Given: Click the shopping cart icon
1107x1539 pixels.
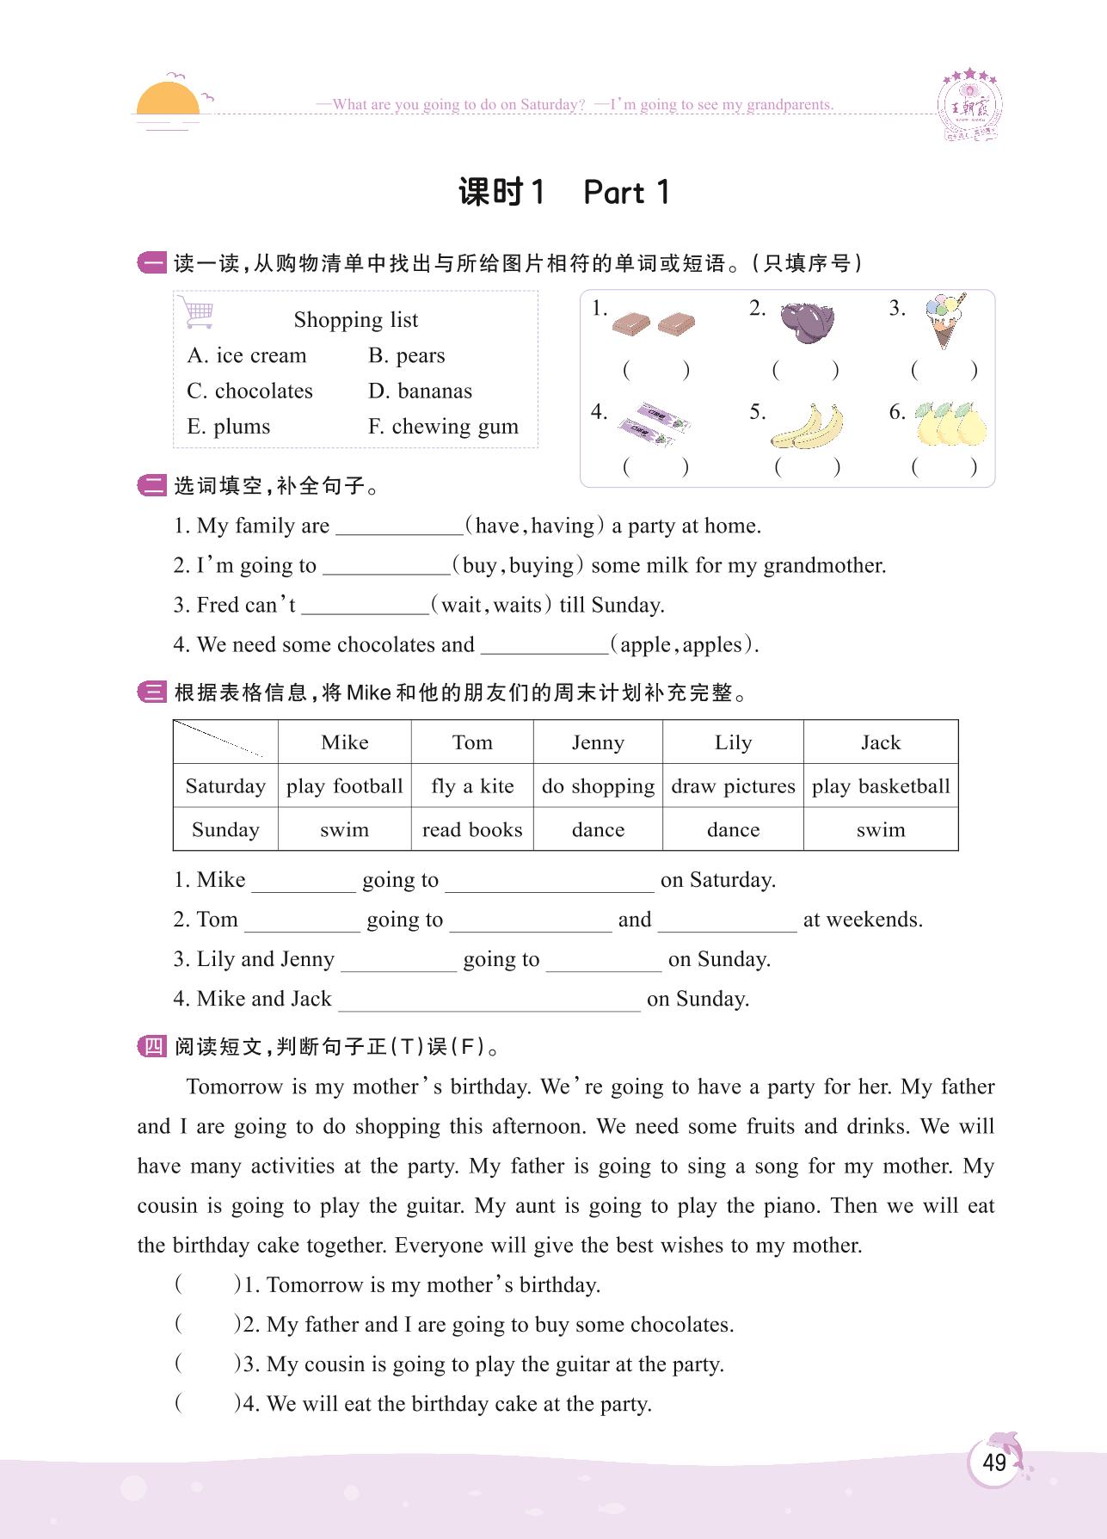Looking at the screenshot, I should (197, 312).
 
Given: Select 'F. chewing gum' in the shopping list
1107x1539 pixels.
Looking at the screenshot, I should (443, 427).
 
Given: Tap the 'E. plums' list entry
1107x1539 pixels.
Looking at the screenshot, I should (228, 427).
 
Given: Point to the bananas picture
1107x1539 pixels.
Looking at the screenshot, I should (807, 426).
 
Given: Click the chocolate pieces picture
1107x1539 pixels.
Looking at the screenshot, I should (654, 323).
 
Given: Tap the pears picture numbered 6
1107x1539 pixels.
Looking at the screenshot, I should (950, 423).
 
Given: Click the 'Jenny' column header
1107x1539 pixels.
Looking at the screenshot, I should (598, 742).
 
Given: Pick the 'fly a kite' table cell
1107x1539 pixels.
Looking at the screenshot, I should (472, 786).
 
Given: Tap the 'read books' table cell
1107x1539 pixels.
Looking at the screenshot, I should (472, 830).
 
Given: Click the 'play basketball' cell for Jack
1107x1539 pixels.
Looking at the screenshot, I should (881, 786).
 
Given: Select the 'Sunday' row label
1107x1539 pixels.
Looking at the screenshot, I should (225, 830).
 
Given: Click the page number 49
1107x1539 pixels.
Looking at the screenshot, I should (993, 1462).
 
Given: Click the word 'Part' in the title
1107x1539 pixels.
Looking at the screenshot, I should (614, 193).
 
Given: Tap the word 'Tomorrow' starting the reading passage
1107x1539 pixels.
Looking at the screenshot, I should (234, 1087).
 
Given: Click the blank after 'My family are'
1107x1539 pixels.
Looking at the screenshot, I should (399, 526).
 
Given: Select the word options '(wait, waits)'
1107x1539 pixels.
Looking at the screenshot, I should (491, 605).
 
